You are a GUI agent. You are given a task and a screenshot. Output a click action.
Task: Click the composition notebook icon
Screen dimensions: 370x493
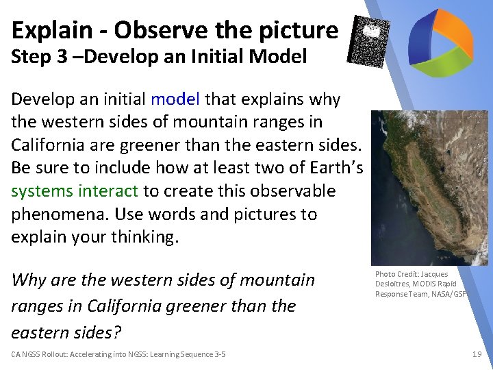tap(370, 41)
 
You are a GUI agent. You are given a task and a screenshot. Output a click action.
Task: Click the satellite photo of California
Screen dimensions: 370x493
tap(429, 188)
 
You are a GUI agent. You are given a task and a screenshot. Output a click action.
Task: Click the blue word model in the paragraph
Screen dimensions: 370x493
tap(175, 99)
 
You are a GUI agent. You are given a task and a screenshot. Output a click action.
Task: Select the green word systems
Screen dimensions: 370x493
tap(42, 191)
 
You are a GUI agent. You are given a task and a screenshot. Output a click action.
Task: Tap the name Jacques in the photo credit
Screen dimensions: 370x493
tap(435, 274)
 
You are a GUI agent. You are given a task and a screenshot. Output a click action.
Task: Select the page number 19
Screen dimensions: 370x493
tap(477, 354)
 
